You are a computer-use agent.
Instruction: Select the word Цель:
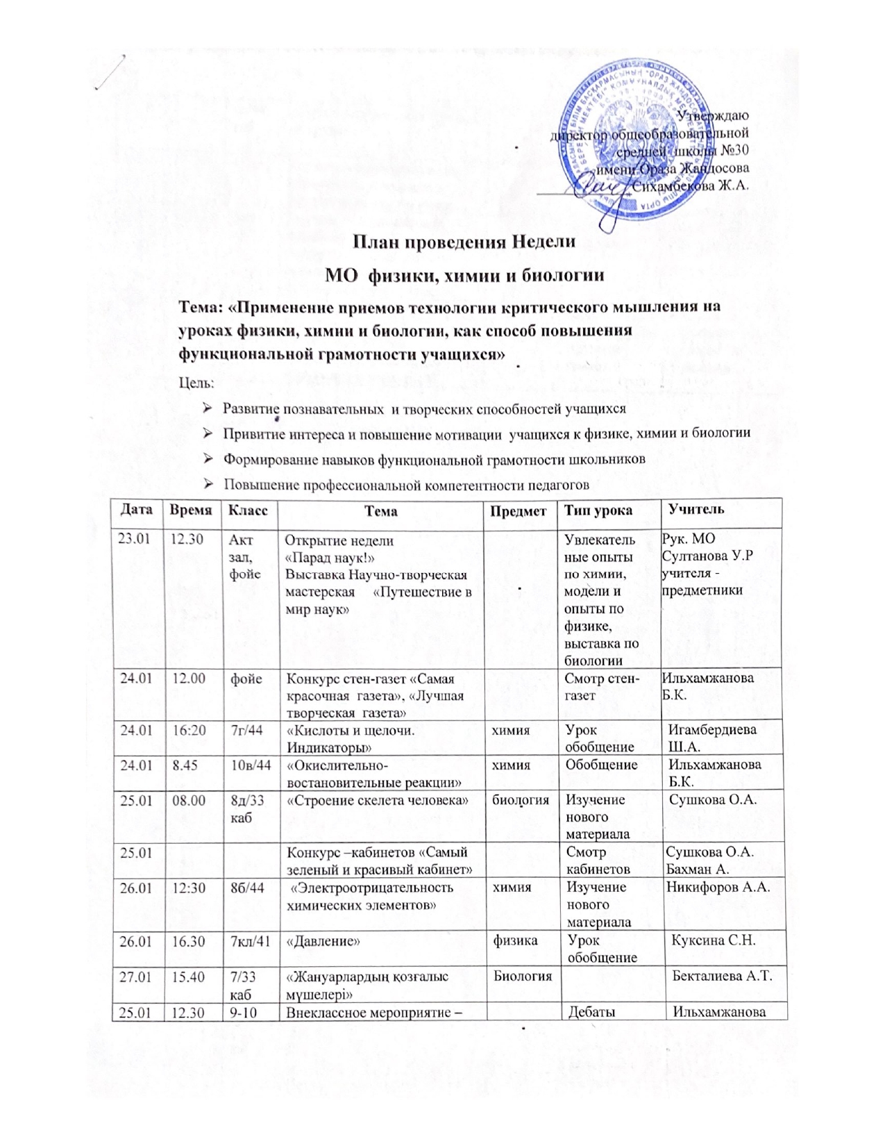[196, 383]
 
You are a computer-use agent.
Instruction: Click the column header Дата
[136, 509]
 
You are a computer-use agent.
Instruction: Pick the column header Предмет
[519, 510]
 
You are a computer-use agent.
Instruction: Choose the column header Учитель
[696, 509]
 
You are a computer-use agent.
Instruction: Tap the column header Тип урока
[598, 510]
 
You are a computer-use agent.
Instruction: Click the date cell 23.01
[134, 539]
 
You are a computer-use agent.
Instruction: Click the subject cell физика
[516, 940]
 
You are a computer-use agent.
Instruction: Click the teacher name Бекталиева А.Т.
[723, 977]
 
